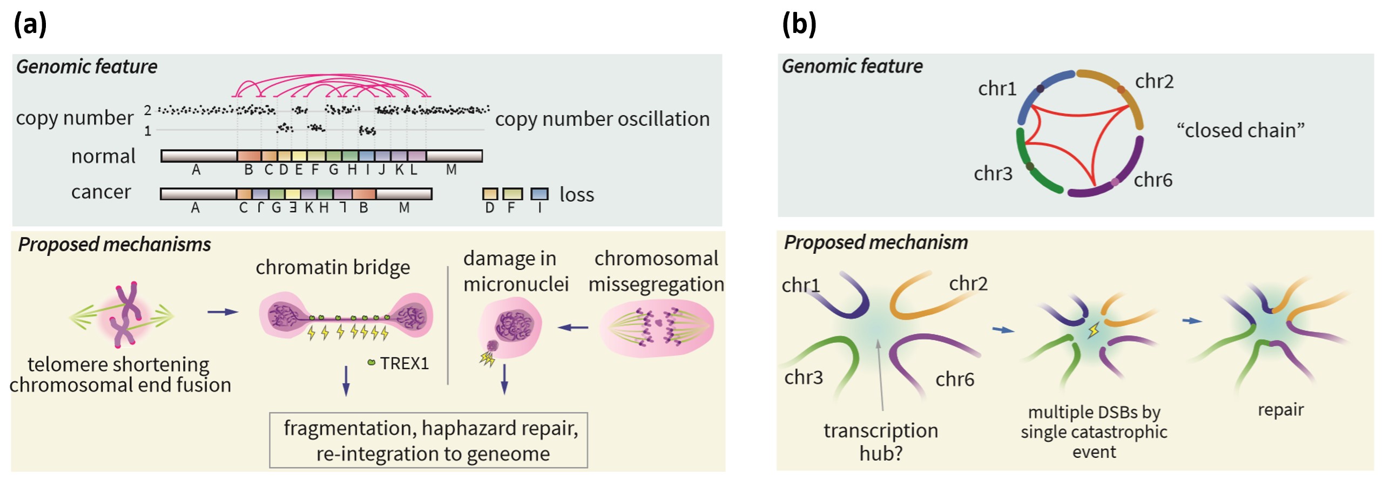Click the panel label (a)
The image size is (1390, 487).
30,24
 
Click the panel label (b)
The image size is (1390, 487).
799,24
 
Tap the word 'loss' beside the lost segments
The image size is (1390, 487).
576,194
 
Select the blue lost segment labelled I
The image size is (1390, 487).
539,194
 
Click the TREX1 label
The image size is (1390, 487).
404,363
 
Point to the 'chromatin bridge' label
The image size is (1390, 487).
333,267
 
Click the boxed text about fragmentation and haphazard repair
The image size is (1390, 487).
430,441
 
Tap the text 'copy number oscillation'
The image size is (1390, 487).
602,119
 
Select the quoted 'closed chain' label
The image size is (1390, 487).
1240,130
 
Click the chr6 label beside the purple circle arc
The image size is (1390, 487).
1152,180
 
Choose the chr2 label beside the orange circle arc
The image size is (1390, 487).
1154,82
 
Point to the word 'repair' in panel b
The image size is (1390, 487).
1280,410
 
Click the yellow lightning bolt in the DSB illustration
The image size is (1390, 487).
1093,330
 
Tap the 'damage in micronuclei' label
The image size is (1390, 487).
515,271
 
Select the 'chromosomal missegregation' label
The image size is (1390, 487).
656,271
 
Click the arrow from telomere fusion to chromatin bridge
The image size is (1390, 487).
222,312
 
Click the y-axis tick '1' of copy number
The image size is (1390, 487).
147,131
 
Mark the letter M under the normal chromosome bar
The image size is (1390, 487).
451,170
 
